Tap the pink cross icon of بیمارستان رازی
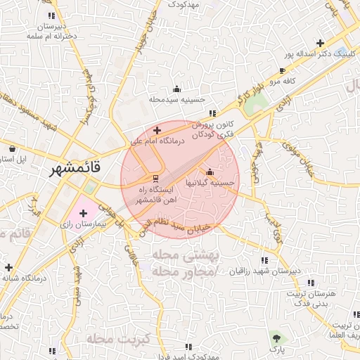click(x=84, y=212)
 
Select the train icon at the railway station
click(x=156, y=177)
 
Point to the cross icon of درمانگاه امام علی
click(x=157, y=130)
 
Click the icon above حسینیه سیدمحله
click(x=176, y=89)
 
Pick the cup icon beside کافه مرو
click(x=282, y=71)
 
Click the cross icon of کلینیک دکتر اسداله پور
click(x=321, y=43)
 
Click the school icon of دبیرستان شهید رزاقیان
click(x=265, y=260)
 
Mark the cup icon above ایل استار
click(x=13, y=148)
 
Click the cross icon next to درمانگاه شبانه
click(x=8, y=267)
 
